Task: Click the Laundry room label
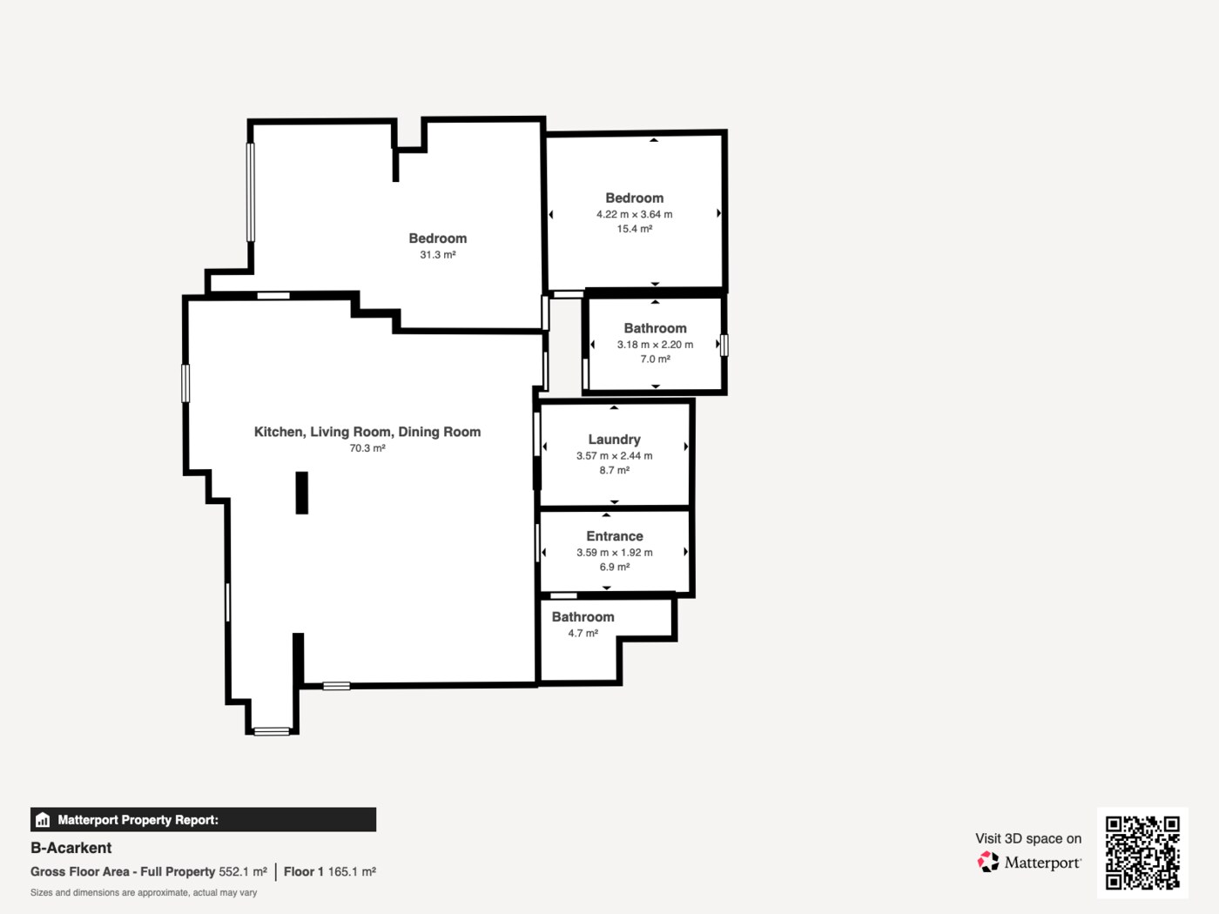pyautogui.click(x=614, y=440)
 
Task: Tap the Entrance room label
pyautogui.click(x=615, y=536)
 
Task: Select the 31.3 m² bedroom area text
pyautogui.click(x=438, y=255)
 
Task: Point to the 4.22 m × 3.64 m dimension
pyautogui.click(x=634, y=214)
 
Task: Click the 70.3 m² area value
pyautogui.click(x=367, y=447)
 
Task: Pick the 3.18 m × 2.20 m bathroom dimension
pyautogui.click(x=656, y=345)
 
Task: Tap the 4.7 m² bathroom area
pyautogui.click(x=583, y=633)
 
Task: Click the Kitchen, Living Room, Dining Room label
pyautogui.click(x=367, y=432)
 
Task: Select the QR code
pyautogui.click(x=1142, y=853)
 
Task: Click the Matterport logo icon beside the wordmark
pyautogui.click(x=988, y=862)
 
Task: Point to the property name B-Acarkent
pyautogui.click(x=71, y=848)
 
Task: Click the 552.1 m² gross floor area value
pyautogui.click(x=243, y=872)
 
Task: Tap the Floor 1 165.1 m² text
pyautogui.click(x=330, y=872)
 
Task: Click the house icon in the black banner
pyautogui.click(x=43, y=820)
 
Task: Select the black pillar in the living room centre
pyautogui.click(x=301, y=493)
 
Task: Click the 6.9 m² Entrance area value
pyautogui.click(x=615, y=568)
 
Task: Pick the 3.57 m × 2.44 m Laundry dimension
pyautogui.click(x=614, y=456)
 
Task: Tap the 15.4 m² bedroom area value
pyautogui.click(x=634, y=229)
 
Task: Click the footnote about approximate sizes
pyautogui.click(x=144, y=893)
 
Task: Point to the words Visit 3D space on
pyautogui.click(x=1028, y=838)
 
